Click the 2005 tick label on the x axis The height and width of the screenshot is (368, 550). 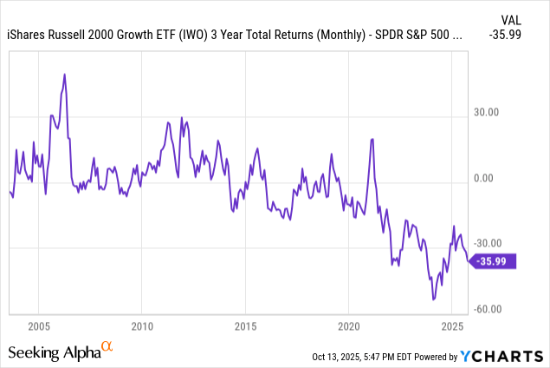[x=38, y=326]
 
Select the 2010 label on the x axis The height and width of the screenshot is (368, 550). [x=142, y=326]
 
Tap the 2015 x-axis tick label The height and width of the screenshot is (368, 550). [x=245, y=326]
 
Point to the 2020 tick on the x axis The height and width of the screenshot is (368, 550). [x=348, y=326]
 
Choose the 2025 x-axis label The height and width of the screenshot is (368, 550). [x=451, y=326]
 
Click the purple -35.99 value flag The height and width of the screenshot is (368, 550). [x=495, y=260]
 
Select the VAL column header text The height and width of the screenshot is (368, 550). [x=512, y=18]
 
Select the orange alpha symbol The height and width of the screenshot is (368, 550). [x=107, y=345]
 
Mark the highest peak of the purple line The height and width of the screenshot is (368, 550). [x=64, y=75]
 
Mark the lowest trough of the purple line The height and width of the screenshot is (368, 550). [x=433, y=299]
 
